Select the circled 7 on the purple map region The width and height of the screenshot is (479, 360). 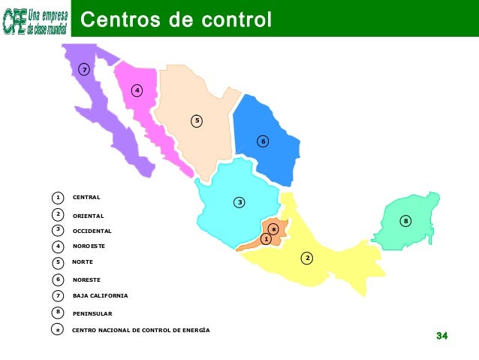85,70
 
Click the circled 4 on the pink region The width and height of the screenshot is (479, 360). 137,91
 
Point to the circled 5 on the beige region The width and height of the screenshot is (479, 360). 197,120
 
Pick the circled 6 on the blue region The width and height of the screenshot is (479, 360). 263,141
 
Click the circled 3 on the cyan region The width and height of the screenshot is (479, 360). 239,202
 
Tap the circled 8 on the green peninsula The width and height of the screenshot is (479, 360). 405,221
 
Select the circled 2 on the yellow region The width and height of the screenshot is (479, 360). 307,259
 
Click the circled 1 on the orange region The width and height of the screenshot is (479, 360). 266,238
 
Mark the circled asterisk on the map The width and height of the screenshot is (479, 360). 274,228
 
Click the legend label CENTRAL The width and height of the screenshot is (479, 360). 86,198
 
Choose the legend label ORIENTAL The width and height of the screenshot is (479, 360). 88,216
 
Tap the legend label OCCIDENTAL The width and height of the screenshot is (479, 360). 92,231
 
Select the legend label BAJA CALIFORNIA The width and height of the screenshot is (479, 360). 100,295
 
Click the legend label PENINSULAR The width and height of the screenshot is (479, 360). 92,313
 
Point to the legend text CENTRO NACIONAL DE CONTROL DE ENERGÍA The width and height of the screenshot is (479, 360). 140,330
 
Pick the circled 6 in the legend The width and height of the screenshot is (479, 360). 58,280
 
